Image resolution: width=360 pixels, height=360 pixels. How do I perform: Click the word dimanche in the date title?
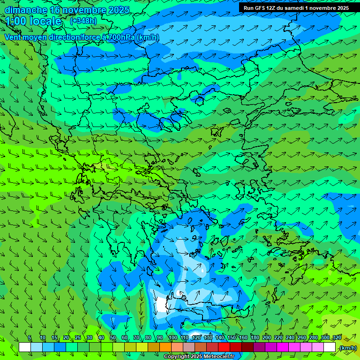click(25, 10)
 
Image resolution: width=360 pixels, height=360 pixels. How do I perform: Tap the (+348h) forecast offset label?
click(83, 21)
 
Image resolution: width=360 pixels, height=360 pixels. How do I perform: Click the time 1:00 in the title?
click(16, 21)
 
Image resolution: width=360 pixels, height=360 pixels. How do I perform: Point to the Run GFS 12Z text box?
click(296, 8)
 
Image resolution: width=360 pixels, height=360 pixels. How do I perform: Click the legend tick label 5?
click(30, 338)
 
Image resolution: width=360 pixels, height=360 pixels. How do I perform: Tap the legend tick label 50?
click(113, 338)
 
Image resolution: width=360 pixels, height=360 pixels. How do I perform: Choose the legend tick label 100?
click(172, 338)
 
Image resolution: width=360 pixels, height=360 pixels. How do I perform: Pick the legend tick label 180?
click(255, 338)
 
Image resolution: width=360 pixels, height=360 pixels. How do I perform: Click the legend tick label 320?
click(337, 338)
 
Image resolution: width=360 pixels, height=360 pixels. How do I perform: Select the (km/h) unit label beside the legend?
click(348, 348)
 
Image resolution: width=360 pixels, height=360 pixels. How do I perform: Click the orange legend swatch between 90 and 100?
click(165, 347)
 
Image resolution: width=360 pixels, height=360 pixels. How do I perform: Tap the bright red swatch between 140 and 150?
click(224, 347)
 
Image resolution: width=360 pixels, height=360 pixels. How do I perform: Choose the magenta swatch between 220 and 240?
click(283, 347)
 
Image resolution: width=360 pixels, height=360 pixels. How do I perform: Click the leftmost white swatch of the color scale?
click(25, 347)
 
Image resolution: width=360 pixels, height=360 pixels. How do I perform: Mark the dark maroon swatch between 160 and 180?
click(247, 347)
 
